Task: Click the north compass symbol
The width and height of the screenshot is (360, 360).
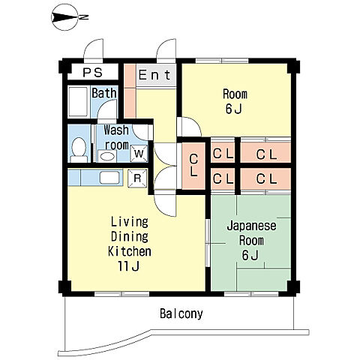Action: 66,17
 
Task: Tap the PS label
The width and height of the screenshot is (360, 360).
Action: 92,73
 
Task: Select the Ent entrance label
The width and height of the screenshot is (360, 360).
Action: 154,75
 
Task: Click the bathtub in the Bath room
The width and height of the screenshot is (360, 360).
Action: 78,102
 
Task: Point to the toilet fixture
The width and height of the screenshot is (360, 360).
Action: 79,150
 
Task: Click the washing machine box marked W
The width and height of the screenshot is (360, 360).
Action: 139,154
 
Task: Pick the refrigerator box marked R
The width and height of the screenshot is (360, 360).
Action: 137,178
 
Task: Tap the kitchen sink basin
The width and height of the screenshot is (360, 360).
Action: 109,178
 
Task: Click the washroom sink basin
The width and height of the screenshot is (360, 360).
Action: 107,157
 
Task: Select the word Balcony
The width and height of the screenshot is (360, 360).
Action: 181,313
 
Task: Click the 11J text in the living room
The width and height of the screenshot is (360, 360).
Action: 128,266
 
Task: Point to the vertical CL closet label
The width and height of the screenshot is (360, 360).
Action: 193,165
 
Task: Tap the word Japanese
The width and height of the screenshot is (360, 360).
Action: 251,226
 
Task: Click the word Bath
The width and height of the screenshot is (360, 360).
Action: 104,93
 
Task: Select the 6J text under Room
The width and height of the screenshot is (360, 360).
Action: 234,109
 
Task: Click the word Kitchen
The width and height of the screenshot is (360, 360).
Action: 130,251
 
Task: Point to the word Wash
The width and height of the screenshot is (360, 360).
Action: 116,130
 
